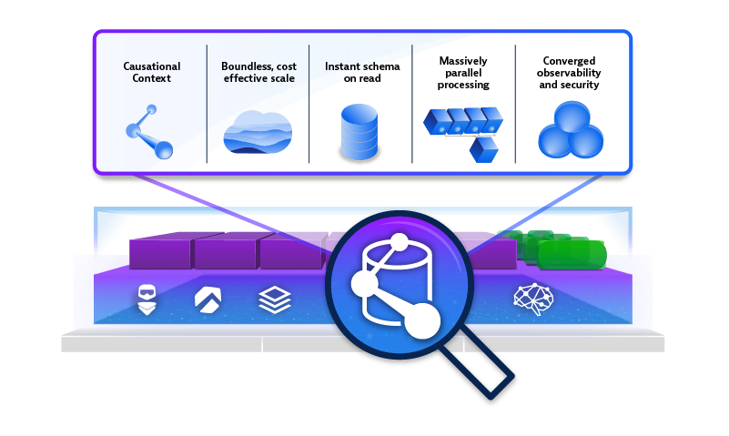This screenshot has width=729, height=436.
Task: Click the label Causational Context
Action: pos(152,72)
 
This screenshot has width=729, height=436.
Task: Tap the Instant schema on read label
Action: pos(359,72)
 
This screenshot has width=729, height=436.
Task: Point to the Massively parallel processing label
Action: pos(463,72)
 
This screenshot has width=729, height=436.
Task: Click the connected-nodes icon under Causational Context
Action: pos(149,129)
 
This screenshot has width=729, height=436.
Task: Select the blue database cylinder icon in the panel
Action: pos(359,132)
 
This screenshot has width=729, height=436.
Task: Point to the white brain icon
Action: pos(532,299)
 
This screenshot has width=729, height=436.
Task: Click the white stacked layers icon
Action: pos(273,299)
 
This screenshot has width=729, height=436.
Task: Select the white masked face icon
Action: pos(146,299)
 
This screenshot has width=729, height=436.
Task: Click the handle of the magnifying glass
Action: pos(486,365)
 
